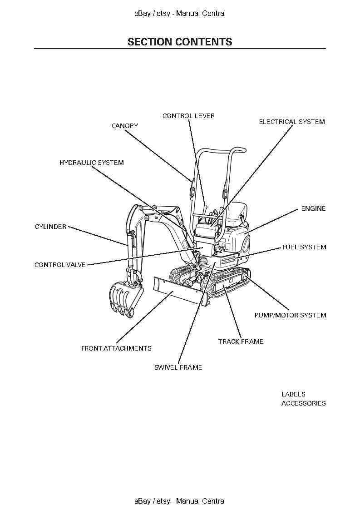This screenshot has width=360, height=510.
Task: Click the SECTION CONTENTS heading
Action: (180, 42)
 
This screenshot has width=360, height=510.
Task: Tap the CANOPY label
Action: (125, 126)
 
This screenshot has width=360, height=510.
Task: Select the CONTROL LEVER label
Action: (188, 116)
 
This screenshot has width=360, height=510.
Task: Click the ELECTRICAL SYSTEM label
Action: (292, 122)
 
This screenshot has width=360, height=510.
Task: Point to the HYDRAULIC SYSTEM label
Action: (91, 163)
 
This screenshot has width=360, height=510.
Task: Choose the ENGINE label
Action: (313, 208)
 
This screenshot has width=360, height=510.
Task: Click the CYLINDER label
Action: (50, 227)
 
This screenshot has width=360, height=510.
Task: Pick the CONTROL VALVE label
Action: (60, 265)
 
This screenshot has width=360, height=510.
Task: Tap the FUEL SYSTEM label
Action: (304, 247)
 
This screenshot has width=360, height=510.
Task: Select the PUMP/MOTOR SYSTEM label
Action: (290, 315)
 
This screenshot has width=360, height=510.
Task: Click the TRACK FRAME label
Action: (241, 342)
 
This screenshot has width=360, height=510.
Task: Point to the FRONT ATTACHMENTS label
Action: (116, 348)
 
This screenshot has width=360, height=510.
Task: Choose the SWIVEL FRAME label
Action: (178, 367)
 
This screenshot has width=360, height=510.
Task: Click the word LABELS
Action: (293, 394)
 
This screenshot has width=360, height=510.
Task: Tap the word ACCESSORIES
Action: (303, 403)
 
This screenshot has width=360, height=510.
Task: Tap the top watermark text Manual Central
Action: (201, 13)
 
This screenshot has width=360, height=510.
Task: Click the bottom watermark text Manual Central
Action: (201, 501)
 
